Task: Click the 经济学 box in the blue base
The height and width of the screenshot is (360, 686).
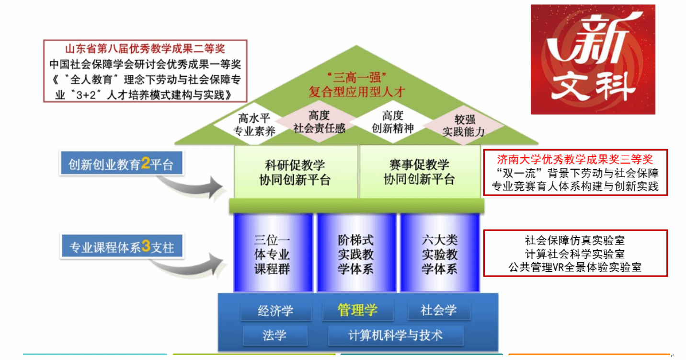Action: (276, 311)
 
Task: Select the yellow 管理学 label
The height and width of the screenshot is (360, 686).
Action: (357, 310)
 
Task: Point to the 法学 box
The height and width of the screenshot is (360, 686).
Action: (274, 335)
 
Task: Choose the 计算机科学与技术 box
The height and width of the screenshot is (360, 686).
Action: (396, 335)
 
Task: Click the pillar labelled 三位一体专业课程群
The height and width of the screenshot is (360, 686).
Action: (273, 254)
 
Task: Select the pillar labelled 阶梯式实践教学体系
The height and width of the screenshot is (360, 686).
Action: (356, 254)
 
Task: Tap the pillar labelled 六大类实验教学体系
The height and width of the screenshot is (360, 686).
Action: (440, 254)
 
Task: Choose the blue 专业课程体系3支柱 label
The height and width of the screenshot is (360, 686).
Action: (122, 247)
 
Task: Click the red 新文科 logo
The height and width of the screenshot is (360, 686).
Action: (593, 59)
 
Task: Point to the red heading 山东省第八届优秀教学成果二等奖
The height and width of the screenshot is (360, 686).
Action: (145, 49)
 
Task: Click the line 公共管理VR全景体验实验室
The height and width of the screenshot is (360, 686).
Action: (575, 267)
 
